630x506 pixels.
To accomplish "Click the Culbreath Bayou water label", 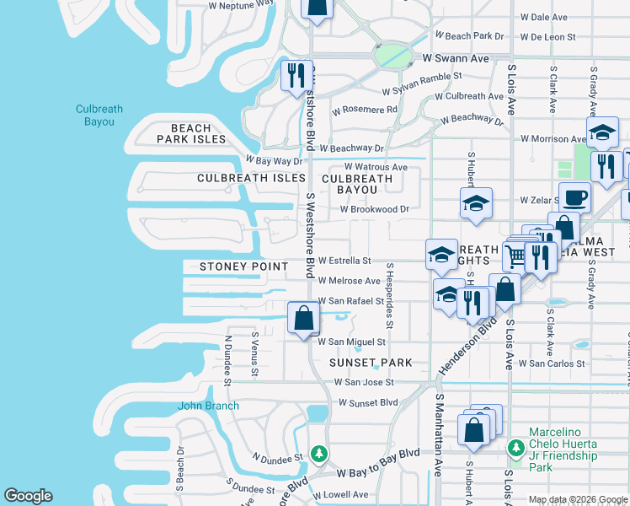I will click(x=99, y=116).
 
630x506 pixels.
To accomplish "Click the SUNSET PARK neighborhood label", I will click(x=371, y=363).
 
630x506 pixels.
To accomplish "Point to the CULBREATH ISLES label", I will click(x=251, y=179).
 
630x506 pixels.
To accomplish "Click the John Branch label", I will click(x=208, y=406).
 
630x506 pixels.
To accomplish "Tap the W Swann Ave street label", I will click(x=456, y=59).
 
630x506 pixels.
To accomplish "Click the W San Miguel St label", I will click(x=351, y=342).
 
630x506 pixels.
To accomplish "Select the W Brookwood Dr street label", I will click(x=374, y=208).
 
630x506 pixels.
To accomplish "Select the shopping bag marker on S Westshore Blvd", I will click(x=303, y=318).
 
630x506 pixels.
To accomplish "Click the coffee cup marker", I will click(x=574, y=197).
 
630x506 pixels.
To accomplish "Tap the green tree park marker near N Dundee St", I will click(x=319, y=454).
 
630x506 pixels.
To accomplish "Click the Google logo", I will click(x=28, y=496).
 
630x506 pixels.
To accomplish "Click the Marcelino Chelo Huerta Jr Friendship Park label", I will click(x=563, y=450).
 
